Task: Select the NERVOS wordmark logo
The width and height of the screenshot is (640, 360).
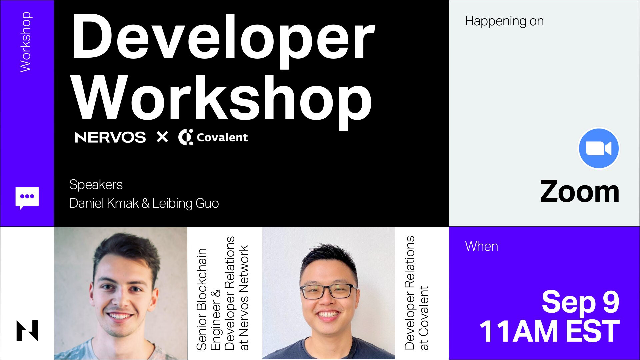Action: pyautogui.click(x=110, y=137)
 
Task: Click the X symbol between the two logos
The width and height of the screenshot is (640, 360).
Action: pyautogui.click(x=162, y=137)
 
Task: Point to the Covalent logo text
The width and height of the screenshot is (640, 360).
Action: pyautogui.click(x=222, y=137)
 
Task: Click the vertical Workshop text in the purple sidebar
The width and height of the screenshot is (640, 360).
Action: pyautogui.click(x=26, y=42)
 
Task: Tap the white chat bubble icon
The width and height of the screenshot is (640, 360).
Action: pyautogui.click(x=27, y=198)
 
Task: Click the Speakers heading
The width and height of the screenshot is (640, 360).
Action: pyautogui.click(x=96, y=185)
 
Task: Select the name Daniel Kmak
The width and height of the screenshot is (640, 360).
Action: pyautogui.click(x=104, y=203)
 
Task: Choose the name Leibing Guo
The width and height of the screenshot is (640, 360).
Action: pyautogui.click(x=186, y=203)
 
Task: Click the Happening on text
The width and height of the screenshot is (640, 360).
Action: pyautogui.click(x=504, y=21)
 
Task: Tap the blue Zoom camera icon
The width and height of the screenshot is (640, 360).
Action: pyautogui.click(x=599, y=148)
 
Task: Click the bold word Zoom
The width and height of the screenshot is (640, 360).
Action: pyautogui.click(x=580, y=192)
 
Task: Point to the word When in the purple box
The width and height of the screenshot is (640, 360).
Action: pyautogui.click(x=482, y=246)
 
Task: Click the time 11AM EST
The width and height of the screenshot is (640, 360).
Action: pyautogui.click(x=549, y=331)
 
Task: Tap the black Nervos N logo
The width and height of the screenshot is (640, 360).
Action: pyautogui.click(x=27, y=331)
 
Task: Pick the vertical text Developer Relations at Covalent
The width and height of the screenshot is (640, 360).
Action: pyautogui.click(x=416, y=293)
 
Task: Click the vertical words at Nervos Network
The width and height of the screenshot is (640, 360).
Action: pyautogui.click(x=244, y=298)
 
